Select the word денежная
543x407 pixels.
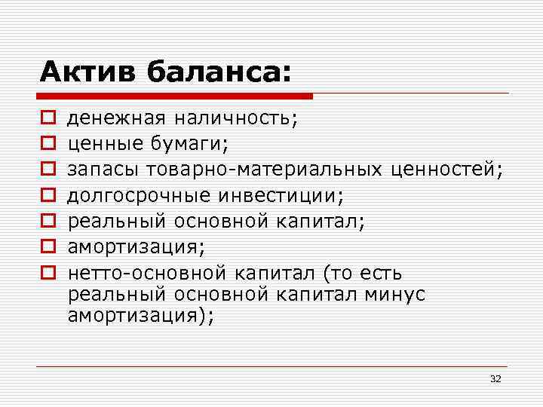click(117, 118)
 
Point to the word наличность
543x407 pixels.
click(235, 118)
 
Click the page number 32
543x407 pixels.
click(495, 378)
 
